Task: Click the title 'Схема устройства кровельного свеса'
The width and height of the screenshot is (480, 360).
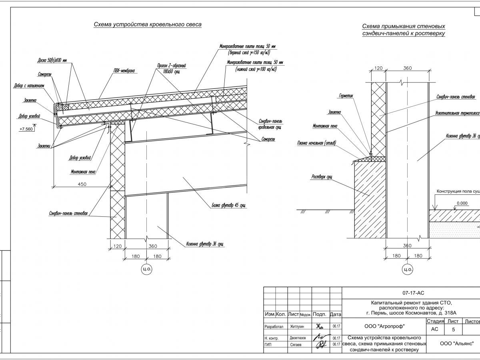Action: click(147, 25)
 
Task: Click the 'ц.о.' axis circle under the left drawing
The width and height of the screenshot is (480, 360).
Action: click(147, 269)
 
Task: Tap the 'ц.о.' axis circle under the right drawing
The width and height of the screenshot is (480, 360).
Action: click(407, 269)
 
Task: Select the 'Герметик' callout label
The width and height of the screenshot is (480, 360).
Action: click(346, 96)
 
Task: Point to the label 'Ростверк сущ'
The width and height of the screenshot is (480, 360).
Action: click(322, 176)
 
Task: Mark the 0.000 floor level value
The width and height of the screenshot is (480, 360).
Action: click(462, 203)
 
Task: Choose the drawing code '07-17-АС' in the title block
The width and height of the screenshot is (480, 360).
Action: click(414, 293)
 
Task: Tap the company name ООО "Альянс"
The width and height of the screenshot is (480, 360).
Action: click(456, 343)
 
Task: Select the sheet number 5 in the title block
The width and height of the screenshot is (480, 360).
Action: click(453, 330)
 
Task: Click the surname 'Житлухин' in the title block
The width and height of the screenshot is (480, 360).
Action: click(297, 326)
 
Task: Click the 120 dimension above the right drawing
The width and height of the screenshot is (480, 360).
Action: click(378, 68)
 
